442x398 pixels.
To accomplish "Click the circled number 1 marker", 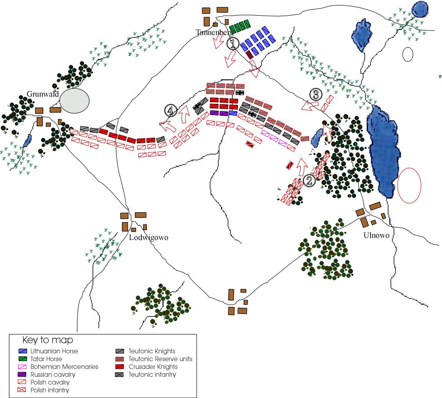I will [233, 44].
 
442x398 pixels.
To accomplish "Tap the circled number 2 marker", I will [308, 180].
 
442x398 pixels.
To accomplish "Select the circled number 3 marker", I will [315, 94].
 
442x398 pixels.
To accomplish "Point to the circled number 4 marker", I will [170, 111].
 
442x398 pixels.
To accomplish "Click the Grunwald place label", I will [43, 94].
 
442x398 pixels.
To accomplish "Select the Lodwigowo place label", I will [149, 238].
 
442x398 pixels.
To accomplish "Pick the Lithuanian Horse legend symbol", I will [23, 351].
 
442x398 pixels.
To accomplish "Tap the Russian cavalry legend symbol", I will [23, 375].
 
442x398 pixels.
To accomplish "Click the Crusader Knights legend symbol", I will [120, 367].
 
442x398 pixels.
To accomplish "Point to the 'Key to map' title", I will [48, 340].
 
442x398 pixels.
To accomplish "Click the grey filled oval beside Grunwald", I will [74, 100].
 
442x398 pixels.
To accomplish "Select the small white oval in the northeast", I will [408, 54].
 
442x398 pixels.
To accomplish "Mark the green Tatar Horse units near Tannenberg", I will [239, 27].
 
